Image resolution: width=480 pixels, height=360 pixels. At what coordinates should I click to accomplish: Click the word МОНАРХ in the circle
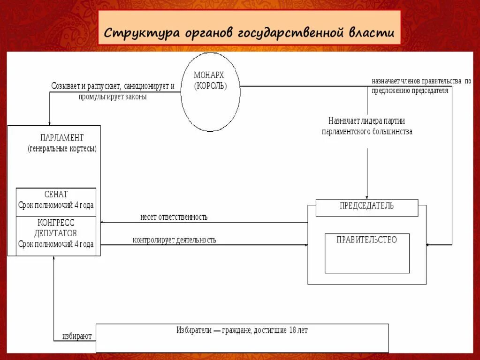click(x=209, y=75)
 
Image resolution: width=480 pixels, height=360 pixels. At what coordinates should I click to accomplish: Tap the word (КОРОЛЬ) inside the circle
click(x=210, y=86)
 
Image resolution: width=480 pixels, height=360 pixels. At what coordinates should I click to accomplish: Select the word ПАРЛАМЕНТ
click(x=62, y=137)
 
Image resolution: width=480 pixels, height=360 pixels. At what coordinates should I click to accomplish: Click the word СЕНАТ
click(x=56, y=194)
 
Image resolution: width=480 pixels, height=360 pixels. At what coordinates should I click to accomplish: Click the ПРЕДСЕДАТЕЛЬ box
click(x=366, y=207)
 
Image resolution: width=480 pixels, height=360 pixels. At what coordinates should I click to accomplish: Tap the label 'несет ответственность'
click(x=174, y=217)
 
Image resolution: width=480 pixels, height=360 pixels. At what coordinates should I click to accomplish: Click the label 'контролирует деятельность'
click(x=174, y=240)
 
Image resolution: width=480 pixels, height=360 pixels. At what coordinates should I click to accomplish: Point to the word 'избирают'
click(x=77, y=336)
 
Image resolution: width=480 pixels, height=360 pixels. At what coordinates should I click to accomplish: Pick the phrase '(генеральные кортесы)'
click(x=62, y=149)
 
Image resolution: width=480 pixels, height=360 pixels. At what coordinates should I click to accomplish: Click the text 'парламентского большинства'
click(x=367, y=132)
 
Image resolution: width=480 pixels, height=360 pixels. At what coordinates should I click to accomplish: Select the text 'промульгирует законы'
click(x=113, y=97)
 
